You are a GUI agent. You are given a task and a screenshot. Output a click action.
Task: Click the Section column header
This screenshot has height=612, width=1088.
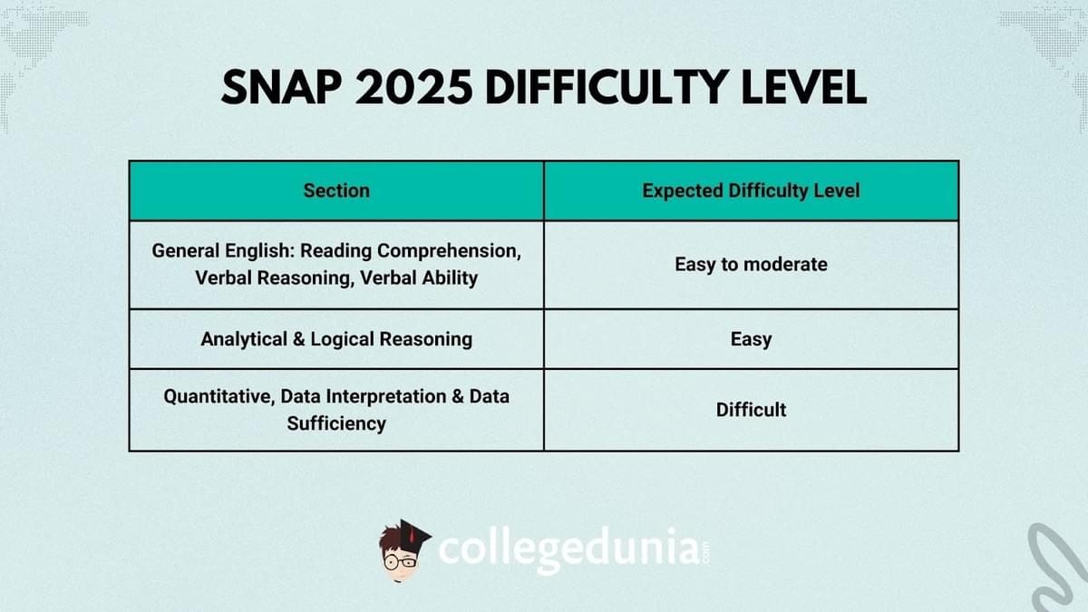[x=336, y=190]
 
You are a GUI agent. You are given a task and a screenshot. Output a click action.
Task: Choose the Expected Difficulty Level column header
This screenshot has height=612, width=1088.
[x=751, y=190]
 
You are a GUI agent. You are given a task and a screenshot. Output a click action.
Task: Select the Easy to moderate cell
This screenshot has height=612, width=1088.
[x=751, y=265]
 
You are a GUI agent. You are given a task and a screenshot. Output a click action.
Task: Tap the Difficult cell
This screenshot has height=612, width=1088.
[x=751, y=410]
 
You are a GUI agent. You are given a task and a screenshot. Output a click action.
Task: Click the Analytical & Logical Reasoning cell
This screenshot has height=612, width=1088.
[x=336, y=339]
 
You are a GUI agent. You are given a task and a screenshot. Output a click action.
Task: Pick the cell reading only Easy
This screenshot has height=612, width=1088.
[x=751, y=339]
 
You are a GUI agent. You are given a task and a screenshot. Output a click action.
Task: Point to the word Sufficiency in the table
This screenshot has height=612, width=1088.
[x=336, y=423]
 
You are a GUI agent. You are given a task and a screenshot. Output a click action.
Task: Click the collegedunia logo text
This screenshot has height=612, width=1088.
[x=568, y=549]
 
